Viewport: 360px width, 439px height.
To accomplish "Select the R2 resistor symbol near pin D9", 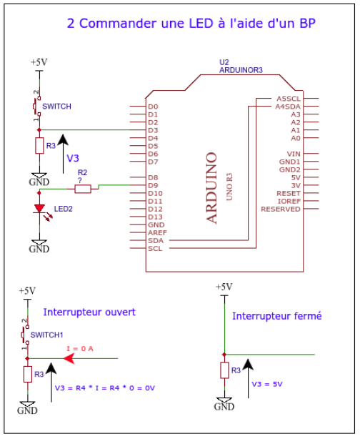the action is coord(83,189).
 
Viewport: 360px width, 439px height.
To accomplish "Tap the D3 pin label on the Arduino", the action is coord(153,130).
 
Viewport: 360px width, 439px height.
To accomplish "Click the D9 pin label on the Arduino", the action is coord(153,185).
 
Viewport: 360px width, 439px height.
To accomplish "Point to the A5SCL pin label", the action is coord(289,99).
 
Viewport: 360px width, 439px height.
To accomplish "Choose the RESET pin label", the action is coord(289,194).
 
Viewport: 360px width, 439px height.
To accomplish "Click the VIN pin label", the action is coord(294,154).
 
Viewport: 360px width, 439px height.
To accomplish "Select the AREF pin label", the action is coord(157,233).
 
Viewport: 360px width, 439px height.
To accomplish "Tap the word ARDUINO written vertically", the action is coord(211,188).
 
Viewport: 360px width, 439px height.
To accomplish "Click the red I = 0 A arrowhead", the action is coord(69,358).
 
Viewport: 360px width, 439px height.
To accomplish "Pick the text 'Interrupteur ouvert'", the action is coord(89,312).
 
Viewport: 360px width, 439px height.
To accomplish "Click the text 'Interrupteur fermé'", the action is coord(277,316).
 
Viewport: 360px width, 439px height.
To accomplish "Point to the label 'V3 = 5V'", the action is coord(267,384).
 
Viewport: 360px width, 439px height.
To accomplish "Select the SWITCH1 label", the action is coord(46,335).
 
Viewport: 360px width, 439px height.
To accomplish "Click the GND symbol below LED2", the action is coord(39,247).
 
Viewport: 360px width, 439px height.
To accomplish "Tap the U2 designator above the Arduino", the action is coord(224,62).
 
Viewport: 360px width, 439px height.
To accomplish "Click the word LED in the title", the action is coord(201,24).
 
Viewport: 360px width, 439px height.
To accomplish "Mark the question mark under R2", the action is coord(80,181).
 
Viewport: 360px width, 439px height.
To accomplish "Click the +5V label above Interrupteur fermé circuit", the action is coord(224,287).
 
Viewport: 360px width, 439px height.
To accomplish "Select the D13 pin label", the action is coord(155,217).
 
